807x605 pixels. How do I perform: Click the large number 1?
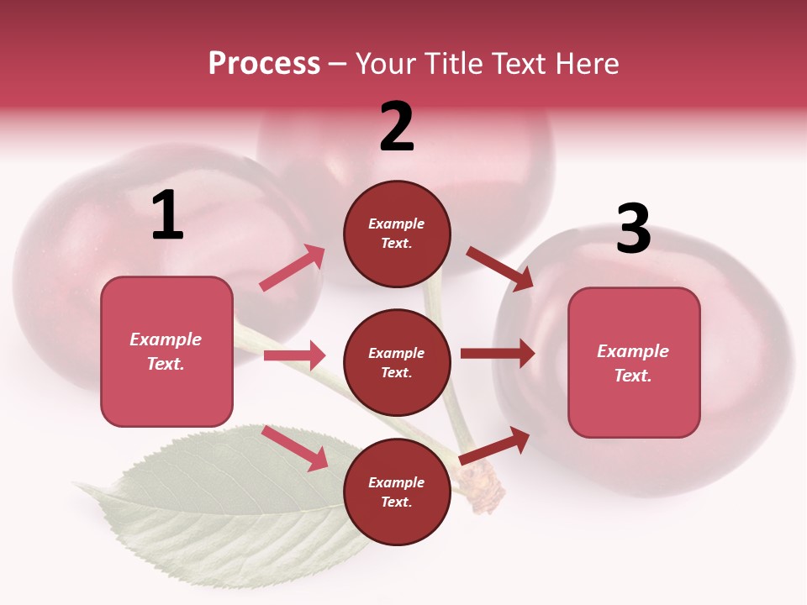point(167,216)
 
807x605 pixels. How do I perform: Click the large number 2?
point(397,128)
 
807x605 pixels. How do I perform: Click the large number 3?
point(633,229)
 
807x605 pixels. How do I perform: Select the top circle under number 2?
point(397,234)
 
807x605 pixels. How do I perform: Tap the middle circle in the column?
point(397,363)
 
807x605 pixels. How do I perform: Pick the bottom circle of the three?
point(397,492)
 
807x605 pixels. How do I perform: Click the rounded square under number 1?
point(166,351)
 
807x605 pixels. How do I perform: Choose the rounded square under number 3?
point(634,363)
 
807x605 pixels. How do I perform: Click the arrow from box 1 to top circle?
point(292,268)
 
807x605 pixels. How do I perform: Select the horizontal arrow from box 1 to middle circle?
point(294,355)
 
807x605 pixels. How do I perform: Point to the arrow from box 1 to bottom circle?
point(295,447)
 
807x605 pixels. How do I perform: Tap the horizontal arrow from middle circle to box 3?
point(498,354)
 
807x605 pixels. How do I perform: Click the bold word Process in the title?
point(264,63)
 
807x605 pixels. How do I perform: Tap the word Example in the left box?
point(166,339)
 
